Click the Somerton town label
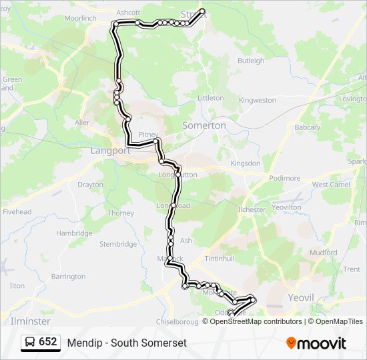click(x=204, y=125)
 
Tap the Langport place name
click(x=110, y=151)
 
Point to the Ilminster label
click(x=31, y=321)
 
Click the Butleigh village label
click(x=251, y=61)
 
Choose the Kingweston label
click(x=257, y=100)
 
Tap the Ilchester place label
click(x=252, y=209)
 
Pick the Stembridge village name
click(x=118, y=244)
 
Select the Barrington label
click(x=68, y=276)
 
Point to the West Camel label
click(x=331, y=185)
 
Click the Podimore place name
click(x=285, y=179)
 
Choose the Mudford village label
click(x=323, y=253)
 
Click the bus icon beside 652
click(x=30, y=342)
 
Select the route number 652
click(x=48, y=342)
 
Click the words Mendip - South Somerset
click(x=127, y=343)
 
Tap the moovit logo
click(x=316, y=343)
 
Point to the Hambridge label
click(x=74, y=233)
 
